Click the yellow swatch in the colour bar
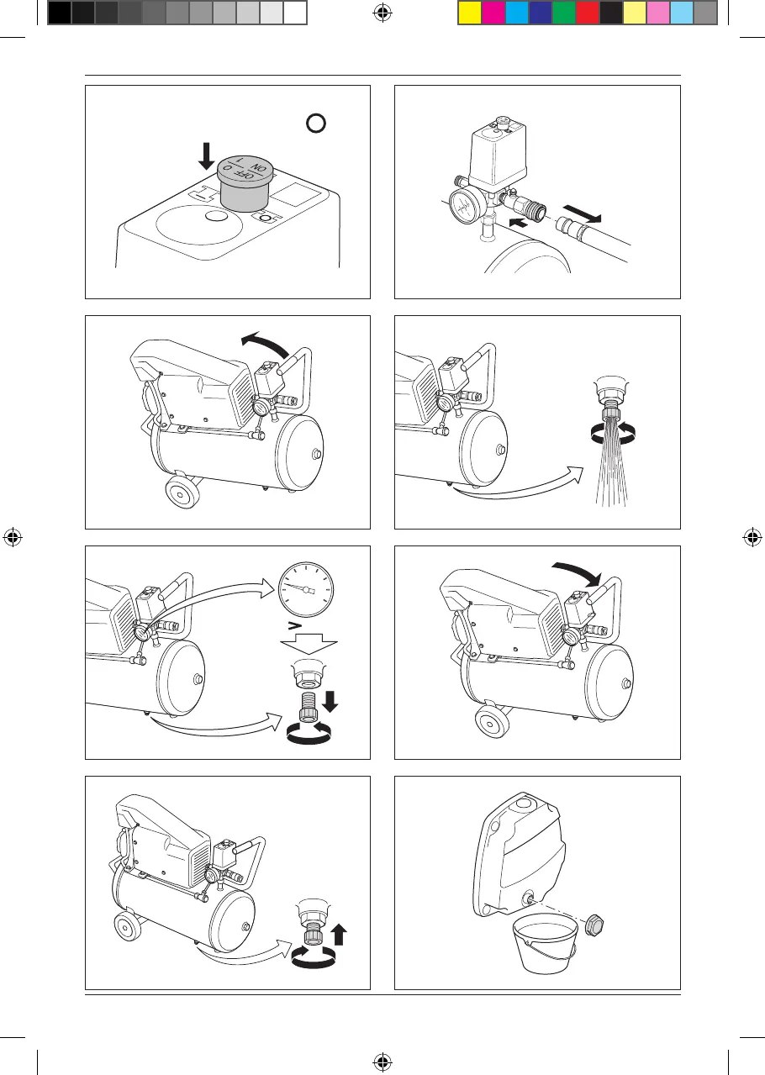(x=469, y=12)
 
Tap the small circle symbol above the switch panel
(x=315, y=124)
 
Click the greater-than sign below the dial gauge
(x=293, y=626)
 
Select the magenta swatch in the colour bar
(x=493, y=12)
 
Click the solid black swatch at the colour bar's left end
(x=59, y=12)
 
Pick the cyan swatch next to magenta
(x=516, y=12)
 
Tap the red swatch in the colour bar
(x=587, y=12)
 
